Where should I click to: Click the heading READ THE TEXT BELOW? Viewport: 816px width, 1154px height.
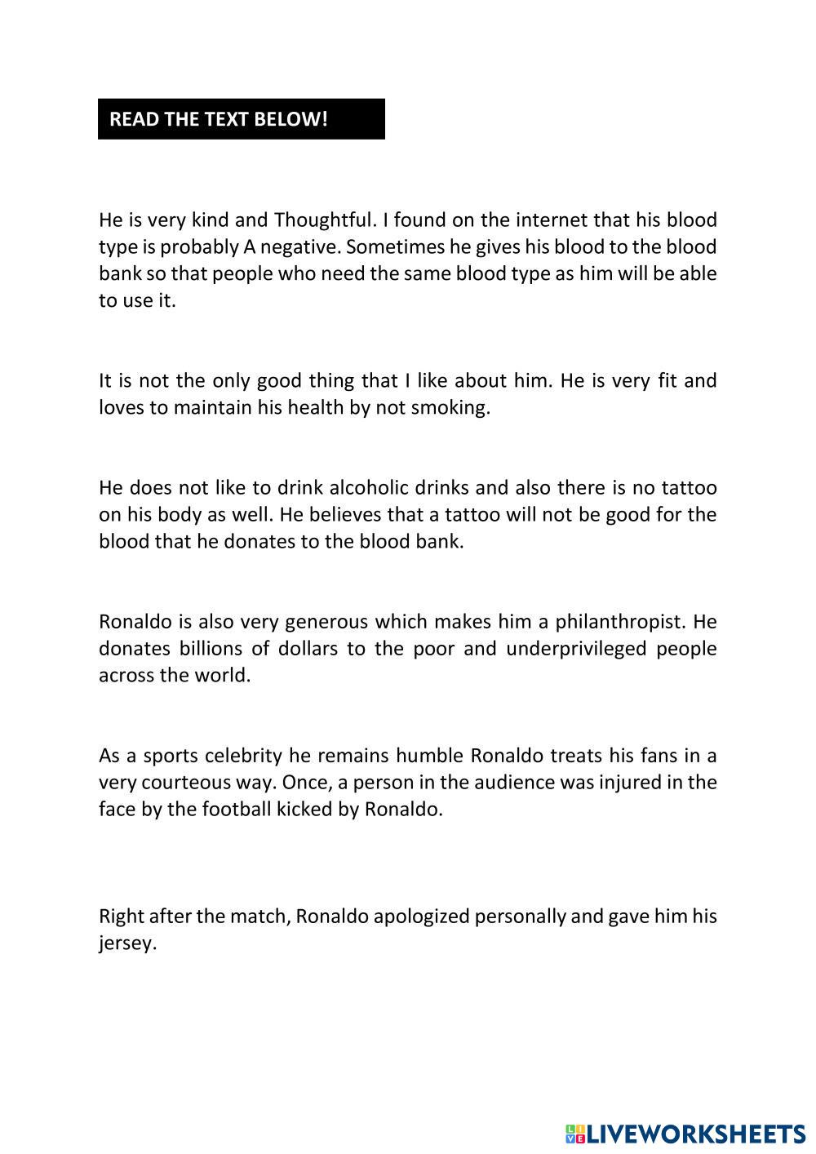click(x=218, y=119)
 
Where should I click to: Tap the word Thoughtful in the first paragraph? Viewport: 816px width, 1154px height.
click(x=323, y=220)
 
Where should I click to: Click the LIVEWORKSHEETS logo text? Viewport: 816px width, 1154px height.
click(x=696, y=1134)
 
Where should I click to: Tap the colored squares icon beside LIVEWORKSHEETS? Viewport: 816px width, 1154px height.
click(x=574, y=1134)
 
